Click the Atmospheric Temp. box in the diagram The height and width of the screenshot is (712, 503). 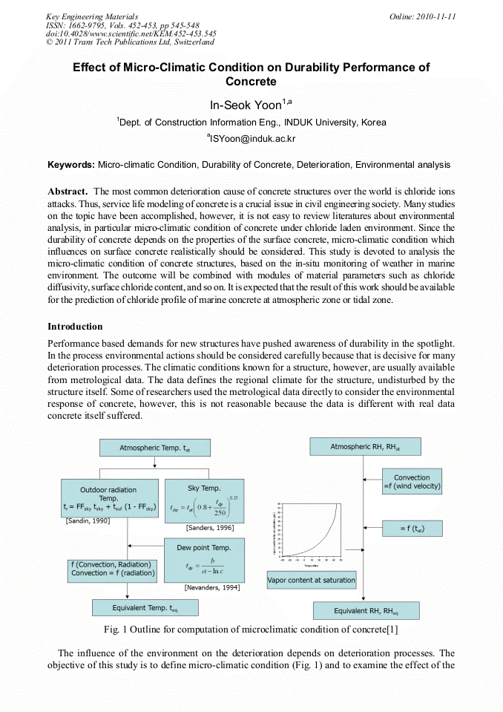[154, 448]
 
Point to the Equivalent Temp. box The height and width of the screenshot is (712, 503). [145, 607]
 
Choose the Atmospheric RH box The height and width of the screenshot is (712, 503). [364, 447]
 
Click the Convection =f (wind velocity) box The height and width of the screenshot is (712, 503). [412, 483]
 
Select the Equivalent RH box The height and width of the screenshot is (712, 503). [366, 610]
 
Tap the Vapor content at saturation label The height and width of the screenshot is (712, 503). [312, 580]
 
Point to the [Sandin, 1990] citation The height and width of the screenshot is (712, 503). [88, 521]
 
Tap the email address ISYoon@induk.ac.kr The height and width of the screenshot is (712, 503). [251, 138]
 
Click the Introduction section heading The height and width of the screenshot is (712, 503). [75, 327]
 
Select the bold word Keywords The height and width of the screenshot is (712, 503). [70, 164]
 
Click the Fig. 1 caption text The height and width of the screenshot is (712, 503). [251, 630]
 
